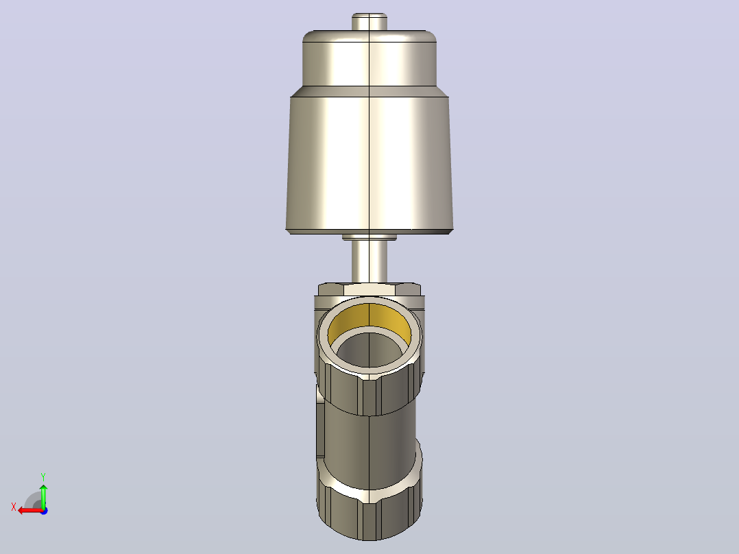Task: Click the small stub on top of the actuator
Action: [369, 22]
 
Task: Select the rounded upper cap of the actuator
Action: [369, 58]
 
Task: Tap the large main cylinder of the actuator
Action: [369, 162]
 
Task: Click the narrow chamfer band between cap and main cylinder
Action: [369, 91]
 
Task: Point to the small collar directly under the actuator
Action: [369, 237]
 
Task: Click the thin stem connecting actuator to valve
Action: [369, 262]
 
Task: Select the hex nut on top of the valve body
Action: [369, 289]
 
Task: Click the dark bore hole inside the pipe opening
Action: [369, 349]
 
